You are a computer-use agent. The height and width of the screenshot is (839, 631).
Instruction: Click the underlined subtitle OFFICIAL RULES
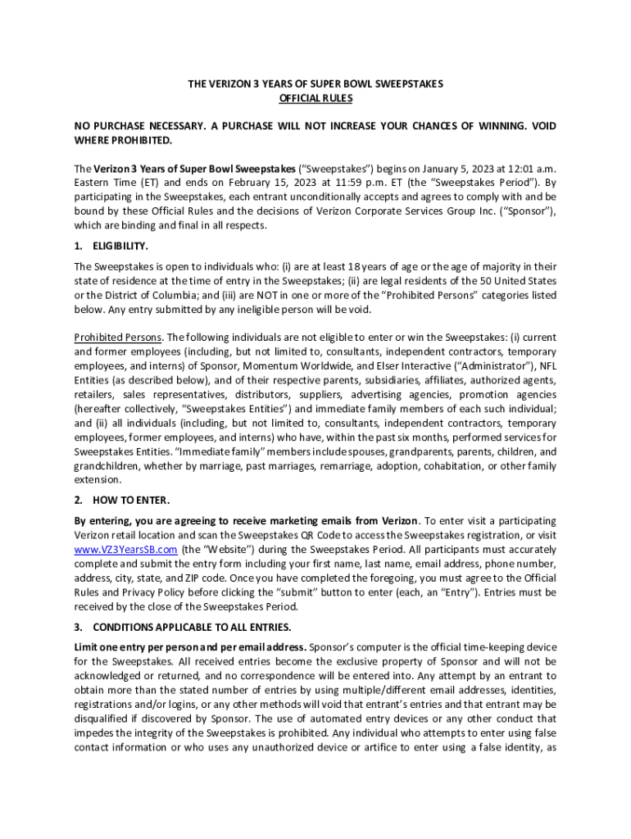[315, 99]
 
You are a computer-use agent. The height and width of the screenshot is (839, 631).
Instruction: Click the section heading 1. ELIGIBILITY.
[111, 246]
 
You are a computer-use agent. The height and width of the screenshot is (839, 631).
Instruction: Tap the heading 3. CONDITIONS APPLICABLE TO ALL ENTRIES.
[182, 627]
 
